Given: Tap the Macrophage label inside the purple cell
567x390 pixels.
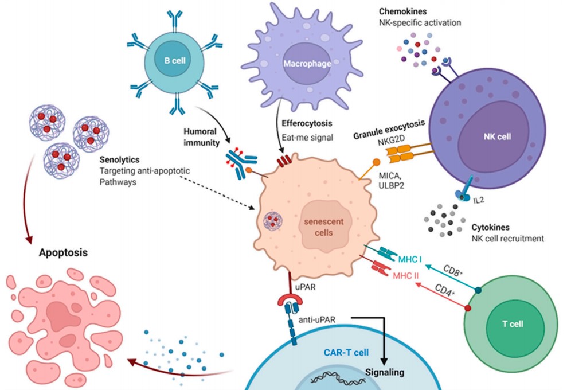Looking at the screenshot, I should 307,63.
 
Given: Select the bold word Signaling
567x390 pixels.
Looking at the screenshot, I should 385,372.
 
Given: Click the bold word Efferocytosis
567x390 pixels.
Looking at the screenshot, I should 307,123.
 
